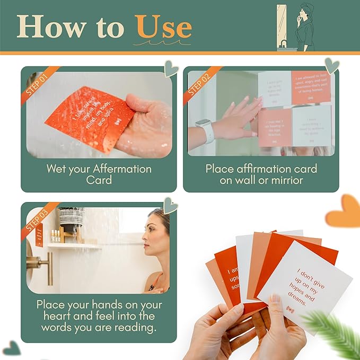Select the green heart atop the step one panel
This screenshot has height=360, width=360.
pos(171,68)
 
